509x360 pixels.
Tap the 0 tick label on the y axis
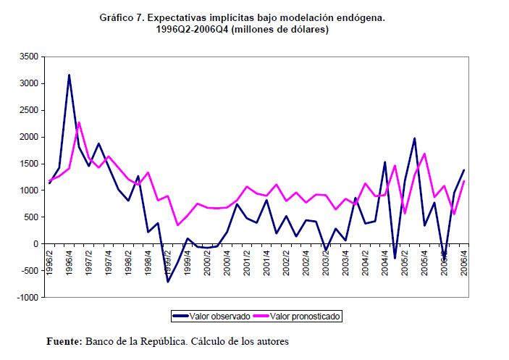tap(34, 244)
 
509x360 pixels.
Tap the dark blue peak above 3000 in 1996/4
tap(69, 75)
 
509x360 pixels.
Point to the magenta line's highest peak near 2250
tap(79, 122)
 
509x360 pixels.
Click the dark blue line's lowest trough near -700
tap(167, 281)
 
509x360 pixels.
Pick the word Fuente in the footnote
tap(63, 341)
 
